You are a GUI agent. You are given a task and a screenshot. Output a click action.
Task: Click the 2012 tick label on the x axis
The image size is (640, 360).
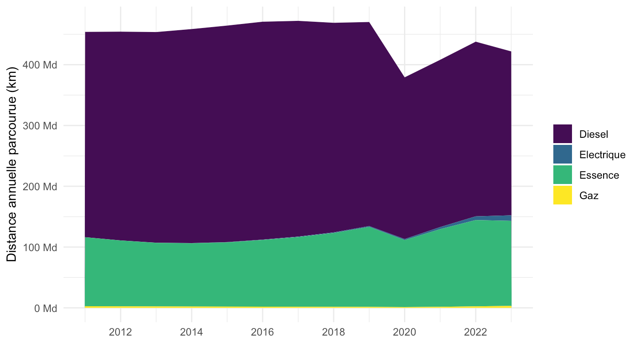pyautogui.click(x=120, y=332)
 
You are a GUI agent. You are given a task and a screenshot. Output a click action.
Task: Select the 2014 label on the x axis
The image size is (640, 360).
pyautogui.click(x=192, y=332)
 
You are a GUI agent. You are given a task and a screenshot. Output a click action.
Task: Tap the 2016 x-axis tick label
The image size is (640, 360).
pyautogui.click(x=262, y=332)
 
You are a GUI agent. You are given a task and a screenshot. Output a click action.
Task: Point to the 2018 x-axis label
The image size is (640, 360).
pyautogui.click(x=333, y=332)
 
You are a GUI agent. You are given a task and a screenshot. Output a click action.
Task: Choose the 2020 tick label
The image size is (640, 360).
pyautogui.click(x=404, y=332)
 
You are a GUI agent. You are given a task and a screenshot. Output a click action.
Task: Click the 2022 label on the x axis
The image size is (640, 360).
pyautogui.click(x=476, y=332)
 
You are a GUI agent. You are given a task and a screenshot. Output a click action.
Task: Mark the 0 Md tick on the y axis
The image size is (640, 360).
pyautogui.click(x=46, y=308)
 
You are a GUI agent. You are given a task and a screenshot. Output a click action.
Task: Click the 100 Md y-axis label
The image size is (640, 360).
pyautogui.click(x=40, y=248)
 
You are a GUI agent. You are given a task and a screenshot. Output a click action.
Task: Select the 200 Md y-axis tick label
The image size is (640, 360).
pyautogui.click(x=40, y=187)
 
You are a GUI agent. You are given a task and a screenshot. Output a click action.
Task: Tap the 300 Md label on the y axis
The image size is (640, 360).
pyautogui.click(x=40, y=126)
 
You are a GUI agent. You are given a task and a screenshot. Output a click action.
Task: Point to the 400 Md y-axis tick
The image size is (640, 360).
pyautogui.click(x=40, y=65)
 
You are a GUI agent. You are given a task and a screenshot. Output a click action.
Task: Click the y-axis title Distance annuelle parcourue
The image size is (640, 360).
pyautogui.click(x=12, y=164)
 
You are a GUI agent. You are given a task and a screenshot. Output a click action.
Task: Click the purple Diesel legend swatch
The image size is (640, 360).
pyautogui.click(x=563, y=134)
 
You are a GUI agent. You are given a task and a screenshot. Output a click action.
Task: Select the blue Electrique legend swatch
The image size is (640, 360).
pyautogui.click(x=563, y=154)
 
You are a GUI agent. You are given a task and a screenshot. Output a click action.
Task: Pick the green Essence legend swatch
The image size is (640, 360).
pyautogui.click(x=563, y=175)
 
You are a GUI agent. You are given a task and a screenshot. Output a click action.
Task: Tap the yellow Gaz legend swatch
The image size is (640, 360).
pyautogui.click(x=563, y=195)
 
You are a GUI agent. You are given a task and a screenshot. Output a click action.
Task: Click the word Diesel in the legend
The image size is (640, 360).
pyautogui.click(x=593, y=134)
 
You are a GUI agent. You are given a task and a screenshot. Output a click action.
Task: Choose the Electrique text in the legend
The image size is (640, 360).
pyautogui.click(x=602, y=155)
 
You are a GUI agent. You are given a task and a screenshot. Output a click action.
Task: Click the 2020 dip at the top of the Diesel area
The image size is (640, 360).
pyautogui.click(x=404, y=77)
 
